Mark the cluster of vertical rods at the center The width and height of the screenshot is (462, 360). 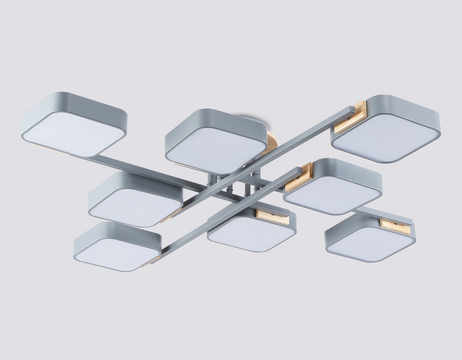(x=240, y=187)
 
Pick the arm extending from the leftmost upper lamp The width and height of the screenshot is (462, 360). (x=145, y=167)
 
